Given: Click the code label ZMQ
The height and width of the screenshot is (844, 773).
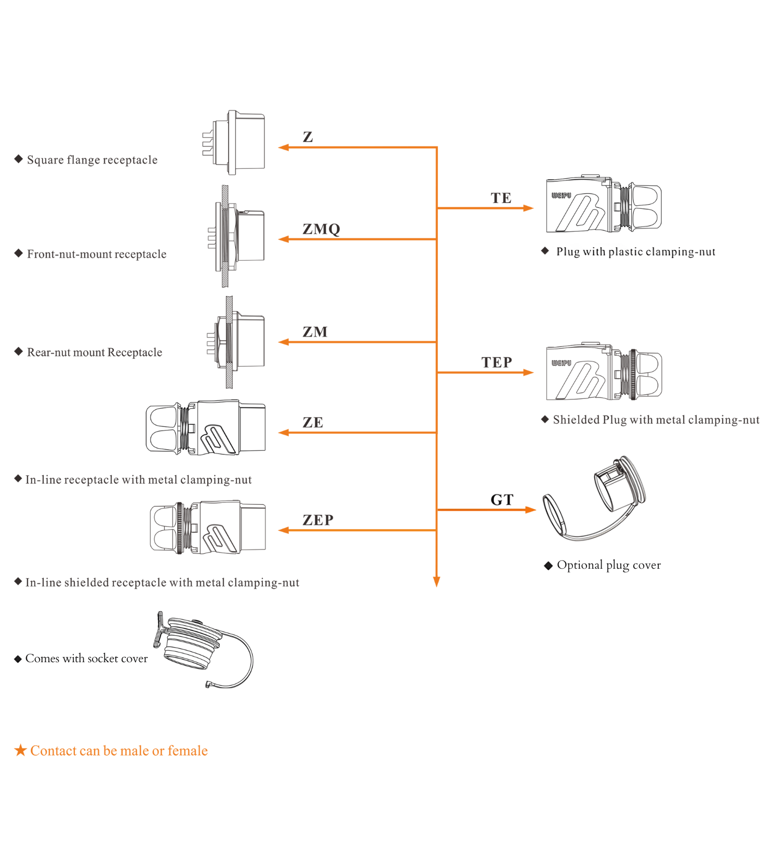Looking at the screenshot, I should coord(321,229).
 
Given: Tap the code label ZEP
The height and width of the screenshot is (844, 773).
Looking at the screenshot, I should coord(318,520).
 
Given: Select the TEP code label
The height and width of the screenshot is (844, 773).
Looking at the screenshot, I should coord(497,363).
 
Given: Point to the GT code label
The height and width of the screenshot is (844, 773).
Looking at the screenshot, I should coord(502,500).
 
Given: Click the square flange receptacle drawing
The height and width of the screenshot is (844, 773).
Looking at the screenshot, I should coord(235,142).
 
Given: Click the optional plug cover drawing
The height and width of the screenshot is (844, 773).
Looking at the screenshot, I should coord(597,499).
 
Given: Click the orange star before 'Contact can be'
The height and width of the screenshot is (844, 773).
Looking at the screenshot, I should coord(20,750).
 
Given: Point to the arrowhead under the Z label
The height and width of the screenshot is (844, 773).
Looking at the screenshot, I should coord(283,148).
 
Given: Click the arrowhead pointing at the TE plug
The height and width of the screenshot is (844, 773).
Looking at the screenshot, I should coord(528,208).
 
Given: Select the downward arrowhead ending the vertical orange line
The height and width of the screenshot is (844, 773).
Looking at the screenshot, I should coord(436,581).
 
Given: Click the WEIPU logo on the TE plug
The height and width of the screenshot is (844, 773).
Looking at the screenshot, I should coord(561,195).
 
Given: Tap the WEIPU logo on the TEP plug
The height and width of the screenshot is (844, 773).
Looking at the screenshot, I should coord(561,363).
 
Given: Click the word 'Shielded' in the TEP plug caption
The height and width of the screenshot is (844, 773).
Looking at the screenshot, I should coord(576,420).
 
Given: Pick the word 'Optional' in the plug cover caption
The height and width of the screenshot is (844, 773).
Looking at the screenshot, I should coord(580,565).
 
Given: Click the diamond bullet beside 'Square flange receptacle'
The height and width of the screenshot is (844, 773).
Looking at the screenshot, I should coord(19,159).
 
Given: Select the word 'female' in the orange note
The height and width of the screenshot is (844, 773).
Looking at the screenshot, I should coord(188,751).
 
